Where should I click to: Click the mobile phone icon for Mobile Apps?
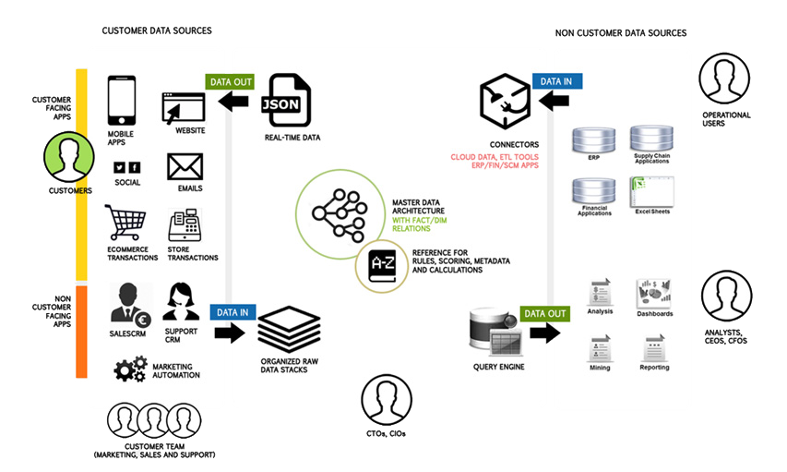[122, 101]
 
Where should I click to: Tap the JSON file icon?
[286, 102]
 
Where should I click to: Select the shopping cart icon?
[125, 224]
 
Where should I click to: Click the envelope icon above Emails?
[185, 166]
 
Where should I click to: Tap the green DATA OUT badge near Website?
[229, 81]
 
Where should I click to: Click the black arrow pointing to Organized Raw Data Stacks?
[229, 332]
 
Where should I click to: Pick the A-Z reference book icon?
[382, 266]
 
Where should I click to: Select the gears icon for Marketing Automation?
[129, 368]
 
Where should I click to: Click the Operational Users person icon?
[724, 79]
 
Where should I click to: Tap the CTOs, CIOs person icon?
[386, 400]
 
